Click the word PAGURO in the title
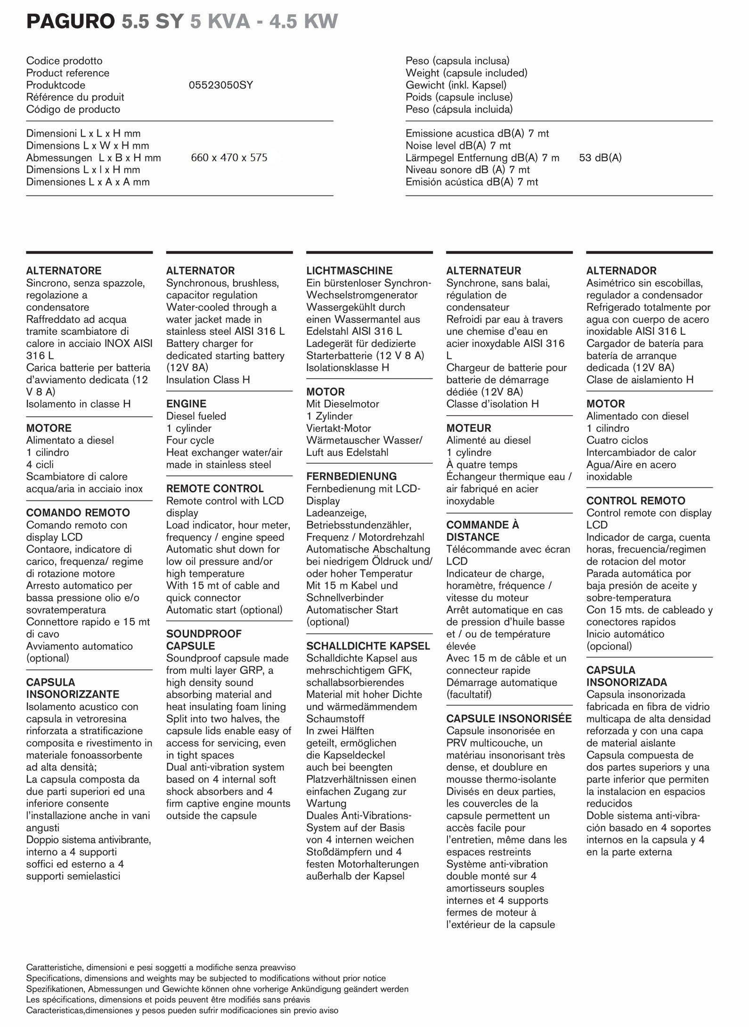(70, 22)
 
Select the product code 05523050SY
(220, 85)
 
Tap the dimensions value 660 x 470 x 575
(229, 158)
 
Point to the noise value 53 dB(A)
(600, 158)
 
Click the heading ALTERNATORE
(64, 271)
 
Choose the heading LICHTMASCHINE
(349, 271)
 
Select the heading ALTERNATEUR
(483, 271)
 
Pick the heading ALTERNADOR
(621, 271)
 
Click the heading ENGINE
(186, 404)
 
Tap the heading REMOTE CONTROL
(215, 489)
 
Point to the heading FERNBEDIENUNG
(351, 477)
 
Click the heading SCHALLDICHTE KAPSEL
(368, 646)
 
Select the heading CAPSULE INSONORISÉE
(509, 719)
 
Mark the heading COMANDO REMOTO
(78, 513)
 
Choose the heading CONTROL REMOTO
(635, 501)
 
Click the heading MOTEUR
(468, 428)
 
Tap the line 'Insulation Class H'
(208, 380)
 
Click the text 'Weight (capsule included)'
(466, 73)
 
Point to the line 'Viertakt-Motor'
(338, 429)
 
